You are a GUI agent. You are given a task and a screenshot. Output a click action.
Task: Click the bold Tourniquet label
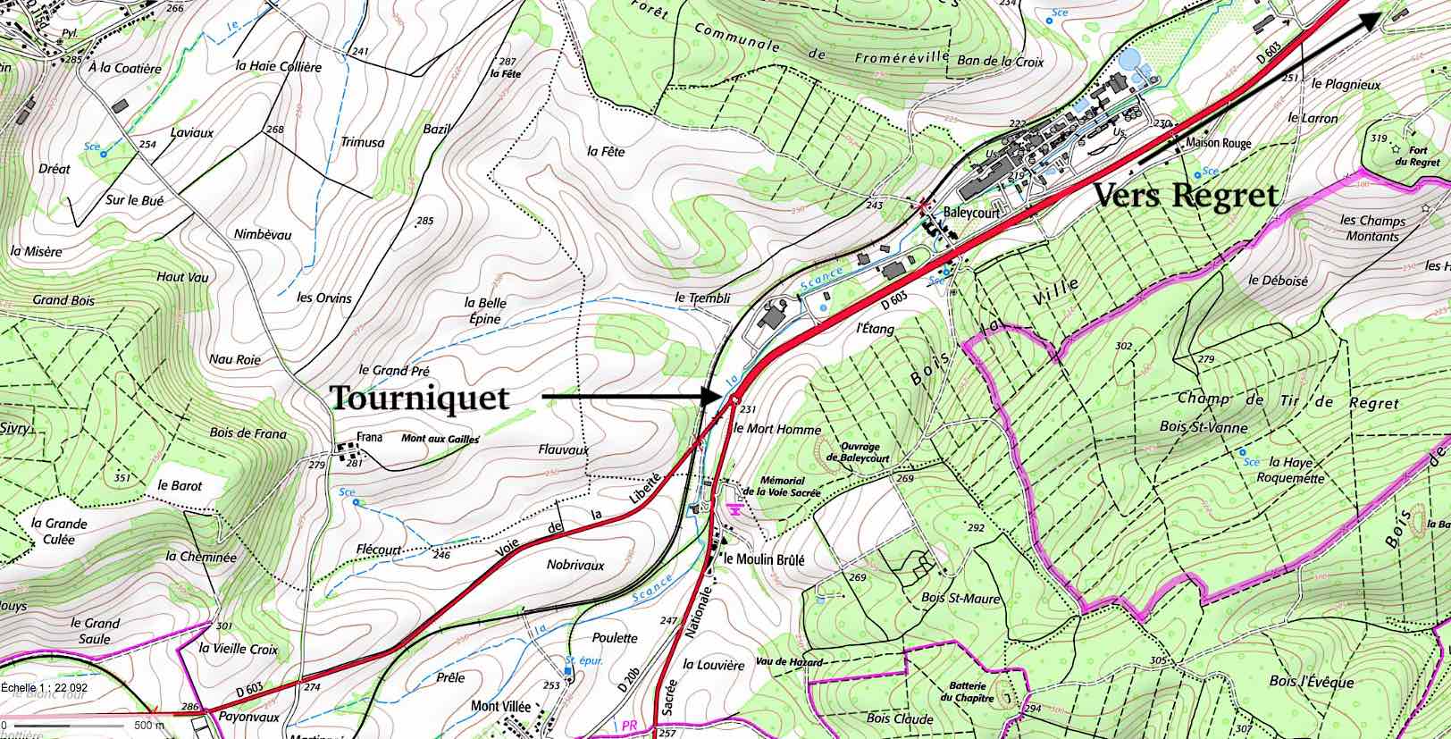pos(419,398)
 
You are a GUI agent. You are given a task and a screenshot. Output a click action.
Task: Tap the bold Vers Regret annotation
pos(1185,195)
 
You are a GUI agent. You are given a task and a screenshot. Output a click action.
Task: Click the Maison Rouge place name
pos(1219,143)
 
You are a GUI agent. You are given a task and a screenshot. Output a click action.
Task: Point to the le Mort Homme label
pos(776,429)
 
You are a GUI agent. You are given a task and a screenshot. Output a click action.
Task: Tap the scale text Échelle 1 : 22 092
pos(45,687)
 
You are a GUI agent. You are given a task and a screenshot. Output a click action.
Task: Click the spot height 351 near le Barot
pos(122,478)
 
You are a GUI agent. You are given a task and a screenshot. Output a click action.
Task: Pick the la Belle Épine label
pos(485,310)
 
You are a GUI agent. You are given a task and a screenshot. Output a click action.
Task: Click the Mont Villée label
pos(500,705)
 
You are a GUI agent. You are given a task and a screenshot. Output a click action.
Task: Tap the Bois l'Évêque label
pos(1311,682)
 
